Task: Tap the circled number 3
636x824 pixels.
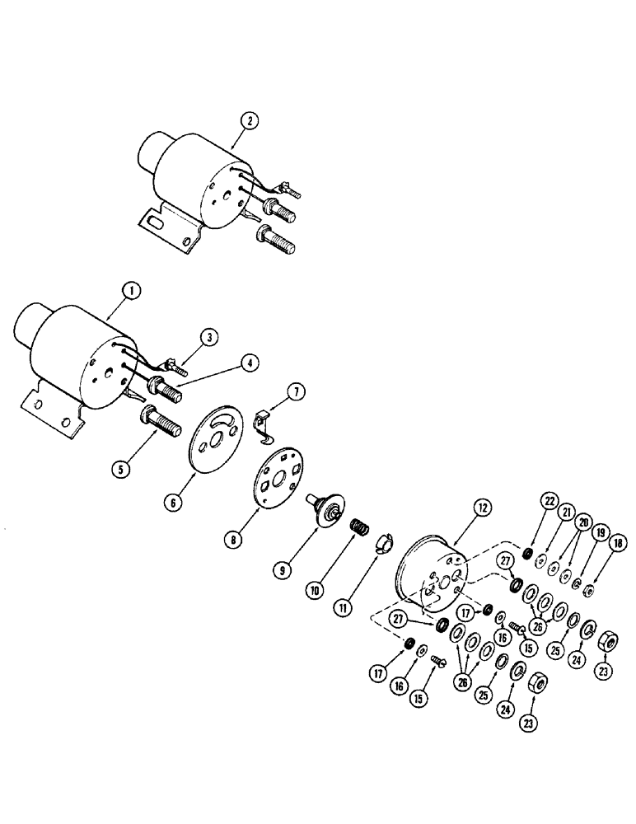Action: (211, 337)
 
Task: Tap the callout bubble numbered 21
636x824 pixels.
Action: (565, 512)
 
